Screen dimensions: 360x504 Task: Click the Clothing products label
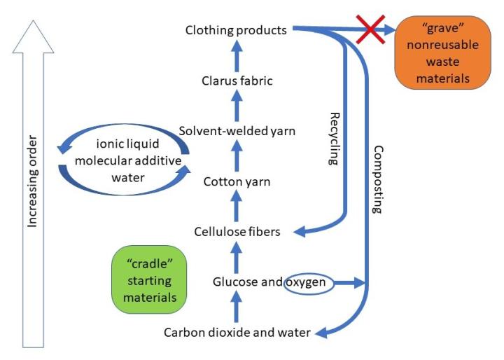coord(236,30)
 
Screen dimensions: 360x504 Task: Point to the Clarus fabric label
coord(236,81)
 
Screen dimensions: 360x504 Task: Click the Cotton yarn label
coord(236,181)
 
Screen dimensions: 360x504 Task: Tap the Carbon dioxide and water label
coord(236,332)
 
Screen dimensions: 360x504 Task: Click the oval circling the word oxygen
coord(308,283)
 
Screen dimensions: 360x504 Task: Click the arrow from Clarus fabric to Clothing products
coord(236,55)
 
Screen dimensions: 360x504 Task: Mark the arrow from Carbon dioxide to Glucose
coord(236,307)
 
